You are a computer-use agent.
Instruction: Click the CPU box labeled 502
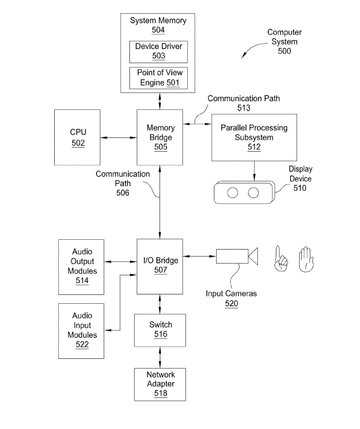tap(78, 137)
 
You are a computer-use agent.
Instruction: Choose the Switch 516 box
tap(160, 330)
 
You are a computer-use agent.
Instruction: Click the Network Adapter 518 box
tap(160, 384)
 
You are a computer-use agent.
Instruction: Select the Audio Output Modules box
tap(81, 266)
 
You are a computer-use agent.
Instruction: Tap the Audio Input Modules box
tap(81, 331)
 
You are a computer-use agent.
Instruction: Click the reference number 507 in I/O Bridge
tap(160, 270)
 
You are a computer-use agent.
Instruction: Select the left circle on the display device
tap(233, 193)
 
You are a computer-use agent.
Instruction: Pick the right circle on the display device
tap(253, 193)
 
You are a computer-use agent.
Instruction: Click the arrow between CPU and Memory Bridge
tap(119, 138)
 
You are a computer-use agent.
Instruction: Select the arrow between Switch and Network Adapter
tap(160, 357)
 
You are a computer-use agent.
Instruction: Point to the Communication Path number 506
tap(123, 193)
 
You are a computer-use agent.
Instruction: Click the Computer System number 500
tap(284, 51)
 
